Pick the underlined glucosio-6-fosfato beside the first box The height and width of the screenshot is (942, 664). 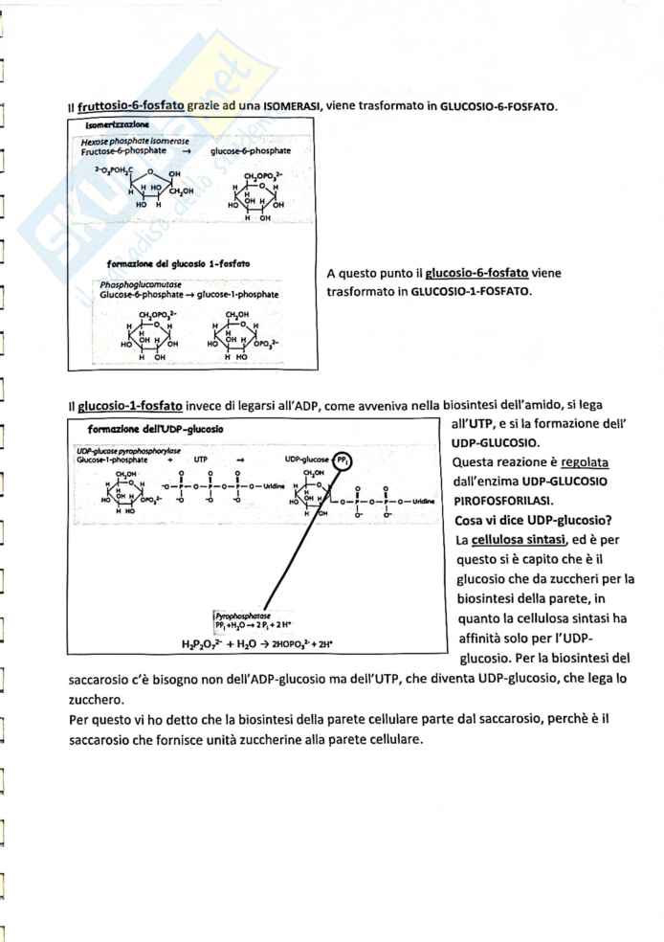coord(476,273)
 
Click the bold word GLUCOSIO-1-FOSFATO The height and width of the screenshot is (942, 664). coord(470,290)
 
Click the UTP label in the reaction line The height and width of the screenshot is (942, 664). coord(201,460)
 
